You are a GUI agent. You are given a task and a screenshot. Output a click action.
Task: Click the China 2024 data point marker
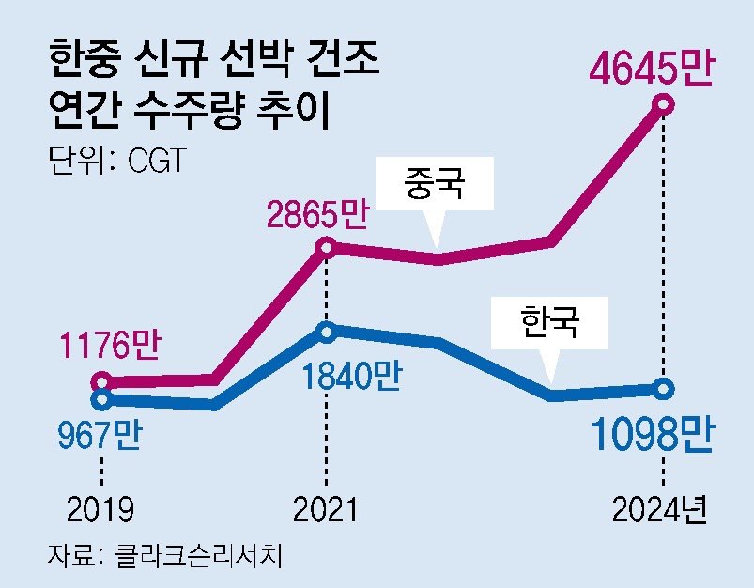pyautogui.click(x=665, y=104)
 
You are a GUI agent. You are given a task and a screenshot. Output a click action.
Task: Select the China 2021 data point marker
pyautogui.click(x=326, y=247)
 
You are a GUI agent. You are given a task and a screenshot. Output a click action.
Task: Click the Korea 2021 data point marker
pyautogui.click(x=326, y=331)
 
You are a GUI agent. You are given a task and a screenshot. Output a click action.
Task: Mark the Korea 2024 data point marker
pyautogui.click(x=665, y=388)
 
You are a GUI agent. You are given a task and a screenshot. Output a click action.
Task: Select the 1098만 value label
pyautogui.click(x=653, y=435)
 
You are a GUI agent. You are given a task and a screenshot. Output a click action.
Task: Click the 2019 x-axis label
pyautogui.click(x=100, y=510)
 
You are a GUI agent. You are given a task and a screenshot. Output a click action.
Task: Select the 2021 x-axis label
pyautogui.click(x=326, y=510)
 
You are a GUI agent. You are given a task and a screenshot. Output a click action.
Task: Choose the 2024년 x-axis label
pyautogui.click(x=657, y=510)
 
